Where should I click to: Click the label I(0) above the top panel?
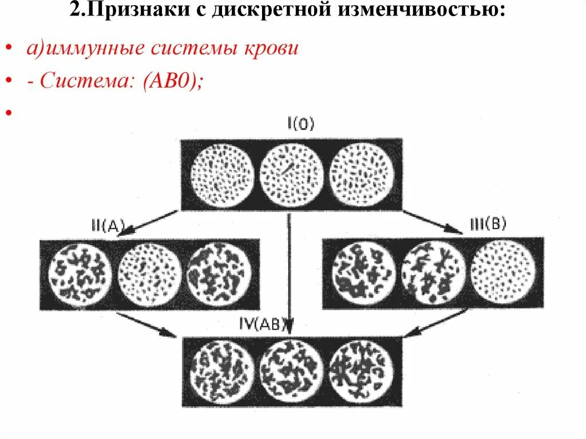(299, 125)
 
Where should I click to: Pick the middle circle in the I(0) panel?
(292, 173)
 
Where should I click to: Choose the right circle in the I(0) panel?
(362, 173)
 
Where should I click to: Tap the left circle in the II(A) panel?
(80, 273)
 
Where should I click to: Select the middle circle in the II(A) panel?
(149, 273)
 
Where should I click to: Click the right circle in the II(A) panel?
(219, 273)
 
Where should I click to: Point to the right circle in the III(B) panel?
(503, 272)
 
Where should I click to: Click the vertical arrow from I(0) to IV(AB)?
(290, 269)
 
